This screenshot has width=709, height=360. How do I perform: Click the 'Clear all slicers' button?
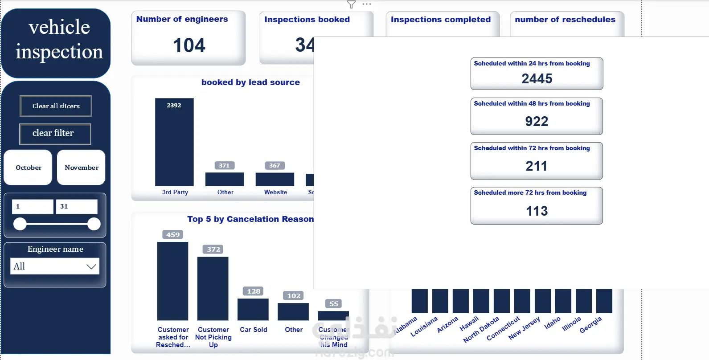[56, 106]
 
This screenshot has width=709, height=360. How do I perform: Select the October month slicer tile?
[28, 168]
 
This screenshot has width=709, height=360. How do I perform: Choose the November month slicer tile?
[81, 168]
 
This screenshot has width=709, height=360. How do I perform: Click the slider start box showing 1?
[33, 206]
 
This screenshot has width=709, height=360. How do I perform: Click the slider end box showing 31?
[76, 206]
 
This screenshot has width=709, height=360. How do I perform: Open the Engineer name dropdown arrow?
[91, 266]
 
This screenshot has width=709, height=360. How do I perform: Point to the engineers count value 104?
[189, 45]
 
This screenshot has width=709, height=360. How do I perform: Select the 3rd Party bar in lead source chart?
[174, 143]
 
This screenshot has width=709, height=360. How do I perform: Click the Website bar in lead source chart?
[275, 179]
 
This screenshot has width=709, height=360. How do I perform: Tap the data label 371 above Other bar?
[224, 165]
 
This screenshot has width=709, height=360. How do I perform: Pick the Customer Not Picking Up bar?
[213, 288]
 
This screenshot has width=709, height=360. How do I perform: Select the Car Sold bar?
[253, 309]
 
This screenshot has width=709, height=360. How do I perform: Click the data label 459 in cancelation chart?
[173, 234]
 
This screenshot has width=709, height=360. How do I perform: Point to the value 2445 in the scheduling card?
[537, 79]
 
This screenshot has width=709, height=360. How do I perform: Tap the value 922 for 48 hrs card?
[537, 121]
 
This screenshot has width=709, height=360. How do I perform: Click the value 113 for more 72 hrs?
[537, 211]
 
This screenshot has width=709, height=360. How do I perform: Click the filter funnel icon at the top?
[351, 4]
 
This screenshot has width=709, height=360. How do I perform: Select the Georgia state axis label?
[591, 325]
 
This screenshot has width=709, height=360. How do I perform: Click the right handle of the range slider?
[94, 224]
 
